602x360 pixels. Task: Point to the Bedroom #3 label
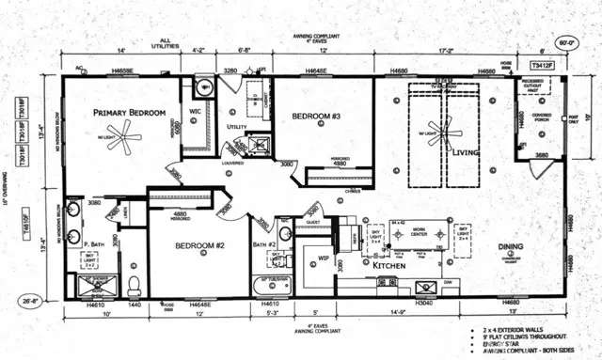click(x=316, y=117)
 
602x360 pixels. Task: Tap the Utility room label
click(x=236, y=126)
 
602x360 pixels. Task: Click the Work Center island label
click(x=419, y=229)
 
